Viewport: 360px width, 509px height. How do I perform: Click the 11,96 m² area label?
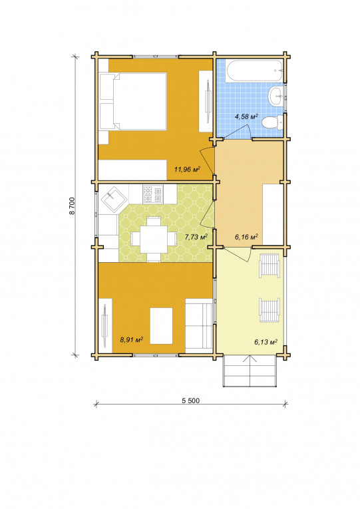(187, 169)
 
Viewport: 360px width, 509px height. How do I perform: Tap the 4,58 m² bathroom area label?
(246, 116)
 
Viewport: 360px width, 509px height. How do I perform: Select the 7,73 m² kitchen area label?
(196, 237)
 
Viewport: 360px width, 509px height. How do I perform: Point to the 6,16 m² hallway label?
(246, 237)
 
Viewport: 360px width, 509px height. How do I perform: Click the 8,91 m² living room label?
(132, 340)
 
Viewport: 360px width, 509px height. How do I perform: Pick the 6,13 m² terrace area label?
(266, 341)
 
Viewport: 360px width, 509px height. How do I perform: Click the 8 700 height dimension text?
(72, 206)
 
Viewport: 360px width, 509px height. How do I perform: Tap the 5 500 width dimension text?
(190, 401)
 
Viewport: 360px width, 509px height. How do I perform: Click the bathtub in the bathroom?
(254, 71)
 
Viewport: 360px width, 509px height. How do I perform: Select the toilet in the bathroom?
(272, 123)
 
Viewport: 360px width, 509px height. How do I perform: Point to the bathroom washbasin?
(276, 96)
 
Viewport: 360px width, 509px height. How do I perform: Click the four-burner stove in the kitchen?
(153, 194)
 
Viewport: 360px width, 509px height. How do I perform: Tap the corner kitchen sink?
(113, 199)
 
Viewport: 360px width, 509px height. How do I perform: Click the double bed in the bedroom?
(133, 101)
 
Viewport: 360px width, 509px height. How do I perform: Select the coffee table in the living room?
(161, 326)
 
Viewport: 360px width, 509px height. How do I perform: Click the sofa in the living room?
(199, 325)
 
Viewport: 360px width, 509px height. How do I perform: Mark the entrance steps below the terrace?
(250, 371)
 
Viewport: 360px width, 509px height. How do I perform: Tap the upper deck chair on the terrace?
(269, 265)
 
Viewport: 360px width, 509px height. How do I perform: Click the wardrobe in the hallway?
(272, 214)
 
